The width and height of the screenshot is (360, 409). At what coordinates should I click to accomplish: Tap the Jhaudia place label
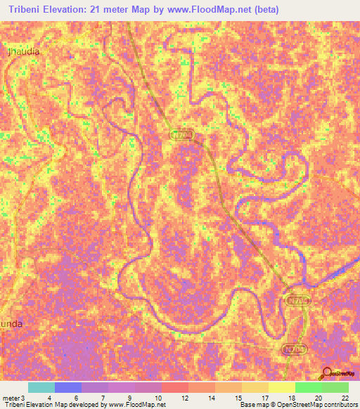(23, 51)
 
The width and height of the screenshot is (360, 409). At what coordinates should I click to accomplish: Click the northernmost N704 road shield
(181, 134)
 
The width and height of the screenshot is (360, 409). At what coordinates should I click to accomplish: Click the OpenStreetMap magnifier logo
(327, 373)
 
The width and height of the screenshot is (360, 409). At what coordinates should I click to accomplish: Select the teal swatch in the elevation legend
(41, 387)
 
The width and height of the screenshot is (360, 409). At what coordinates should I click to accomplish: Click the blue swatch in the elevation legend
(68, 387)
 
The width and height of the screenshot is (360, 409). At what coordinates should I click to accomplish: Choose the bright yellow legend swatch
(282, 387)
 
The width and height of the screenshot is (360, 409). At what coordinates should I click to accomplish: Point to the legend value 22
(345, 397)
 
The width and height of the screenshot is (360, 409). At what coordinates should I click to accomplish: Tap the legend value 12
(184, 397)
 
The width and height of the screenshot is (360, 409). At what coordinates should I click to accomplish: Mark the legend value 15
(238, 397)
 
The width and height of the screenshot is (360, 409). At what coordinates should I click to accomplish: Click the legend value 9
(130, 397)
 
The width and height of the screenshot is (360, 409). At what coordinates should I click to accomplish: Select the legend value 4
(49, 397)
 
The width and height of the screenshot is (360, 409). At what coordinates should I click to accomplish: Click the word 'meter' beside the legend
(12, 397)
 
